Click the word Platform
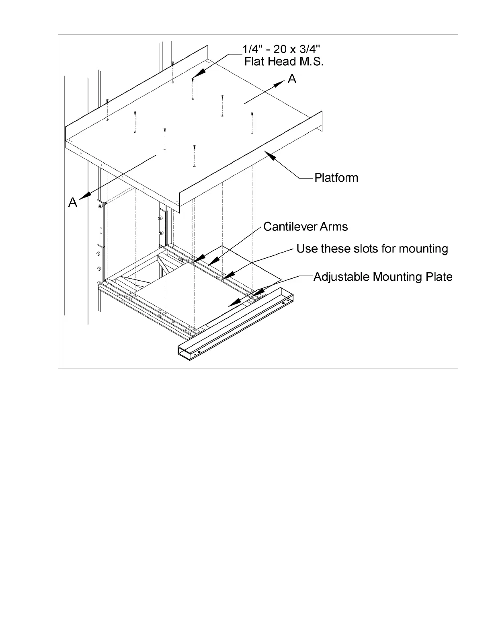point(336,178)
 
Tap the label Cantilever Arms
point(305,227)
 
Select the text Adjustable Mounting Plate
point(383,277)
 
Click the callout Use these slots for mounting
point(372,249)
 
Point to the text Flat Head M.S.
point(284,62)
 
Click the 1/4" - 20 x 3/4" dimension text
point(281,49)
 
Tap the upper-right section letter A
point(292,79)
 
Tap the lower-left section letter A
point(73,202)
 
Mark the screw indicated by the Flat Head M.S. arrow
point(193,80)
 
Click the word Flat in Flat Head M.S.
point(252,62)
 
